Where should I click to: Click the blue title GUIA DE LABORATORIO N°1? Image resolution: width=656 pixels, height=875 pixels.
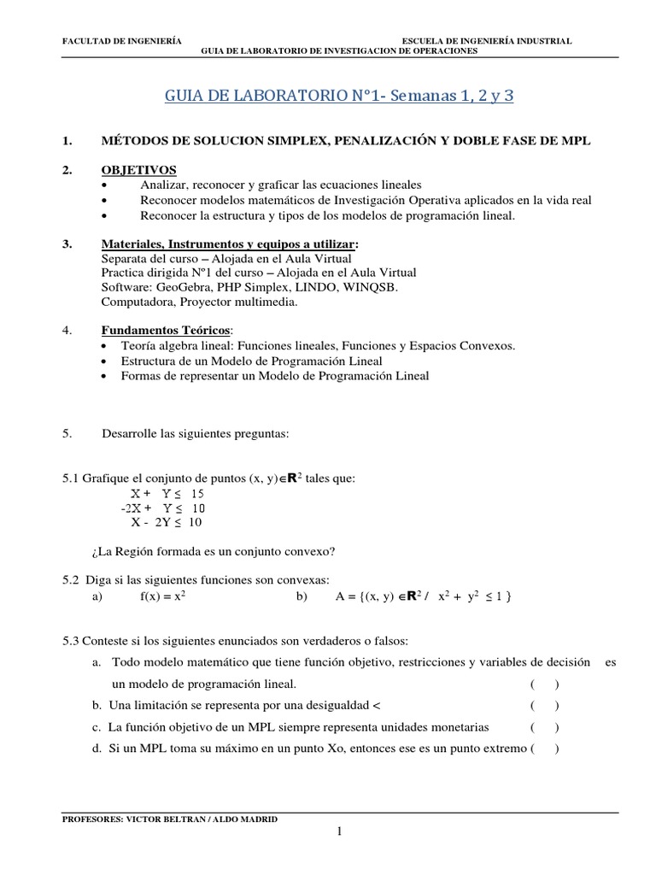340,96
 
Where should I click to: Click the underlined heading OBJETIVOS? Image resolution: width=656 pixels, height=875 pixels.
138,170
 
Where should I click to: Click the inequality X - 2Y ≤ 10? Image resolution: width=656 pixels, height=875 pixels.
167,522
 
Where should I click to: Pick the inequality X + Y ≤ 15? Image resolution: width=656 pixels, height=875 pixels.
167,494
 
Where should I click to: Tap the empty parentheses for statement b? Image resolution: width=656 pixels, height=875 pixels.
544,705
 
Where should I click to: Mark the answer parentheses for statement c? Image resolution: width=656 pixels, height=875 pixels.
544,727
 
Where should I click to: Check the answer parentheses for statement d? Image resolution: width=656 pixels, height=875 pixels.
544,749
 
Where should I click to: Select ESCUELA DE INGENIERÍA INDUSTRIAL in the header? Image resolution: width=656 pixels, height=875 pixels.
487,41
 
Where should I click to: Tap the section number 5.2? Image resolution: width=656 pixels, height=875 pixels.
72,579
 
